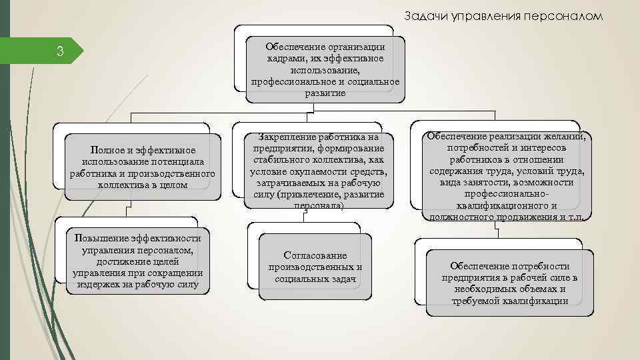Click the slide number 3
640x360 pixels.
tap(59, 52)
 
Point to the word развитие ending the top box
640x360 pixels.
tap(325, 93)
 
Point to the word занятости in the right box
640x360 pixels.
tap(501, 182)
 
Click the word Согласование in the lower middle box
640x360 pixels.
tap(315, 255)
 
